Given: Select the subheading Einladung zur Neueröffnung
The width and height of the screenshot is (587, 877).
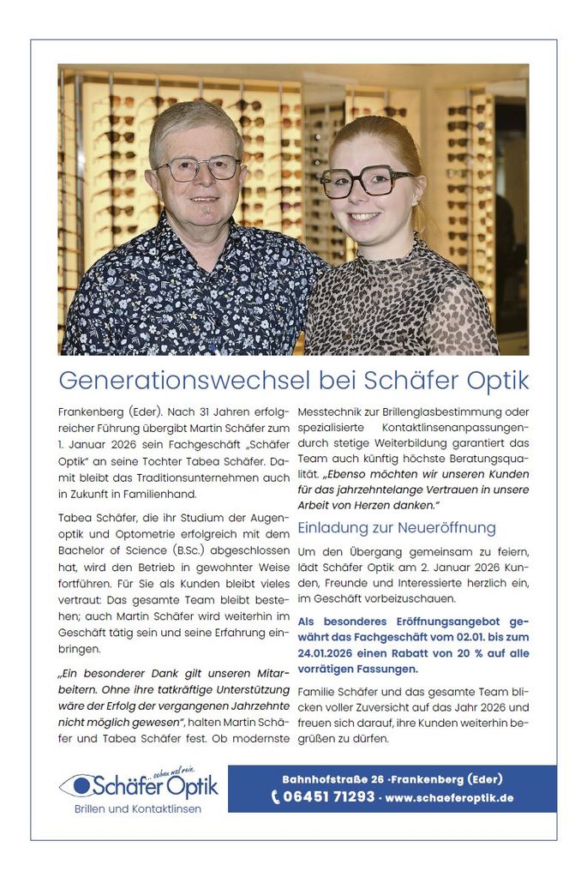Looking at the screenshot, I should point(396,527).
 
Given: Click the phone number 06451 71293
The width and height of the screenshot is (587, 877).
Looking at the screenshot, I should point(329,797).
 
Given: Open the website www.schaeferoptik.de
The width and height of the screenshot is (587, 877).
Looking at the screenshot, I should point(449,797).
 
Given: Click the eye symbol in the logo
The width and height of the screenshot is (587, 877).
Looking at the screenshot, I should point(81,784).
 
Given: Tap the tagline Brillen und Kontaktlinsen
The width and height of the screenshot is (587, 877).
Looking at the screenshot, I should point(137,808).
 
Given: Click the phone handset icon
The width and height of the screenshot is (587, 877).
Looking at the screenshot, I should point(276,797).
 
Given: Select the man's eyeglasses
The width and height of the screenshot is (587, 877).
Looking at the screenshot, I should point(199,167).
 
